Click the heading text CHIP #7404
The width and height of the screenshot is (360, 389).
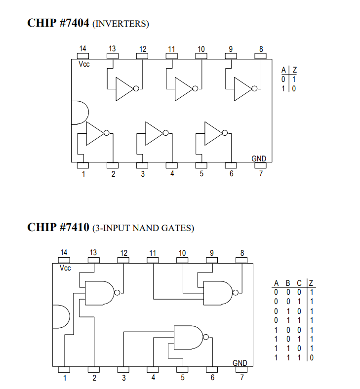pyautogui.click(x=58, y=23)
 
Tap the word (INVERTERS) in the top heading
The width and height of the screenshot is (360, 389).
pyautogui.click(x=120, y=24)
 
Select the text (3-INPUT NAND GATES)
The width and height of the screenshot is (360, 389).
pyautogui.click(x=143, y=228)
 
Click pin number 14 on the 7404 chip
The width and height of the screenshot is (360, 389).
pyautogui.click(x=82, y=49)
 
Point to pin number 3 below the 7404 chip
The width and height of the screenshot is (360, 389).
pyautogui.click(x=143, y=174)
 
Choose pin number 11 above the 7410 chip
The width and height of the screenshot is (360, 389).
pyautogui.click(x=153, y=253)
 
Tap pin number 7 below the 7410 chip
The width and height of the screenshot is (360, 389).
pyautogui.click(x=242, y=378)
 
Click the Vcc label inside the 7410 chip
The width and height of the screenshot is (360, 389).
pyautogui.click(x=65, y=268)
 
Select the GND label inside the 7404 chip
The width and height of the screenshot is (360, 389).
pyautogui.click(x=259, y=158)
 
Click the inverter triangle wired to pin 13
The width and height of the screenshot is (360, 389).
pyautogui.click(x=125, y=89)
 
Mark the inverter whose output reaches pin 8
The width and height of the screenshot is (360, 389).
pyautogui.click(x=243, y=89)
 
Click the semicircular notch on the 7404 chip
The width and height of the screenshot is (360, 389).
pyautogui.click(x=78, y=112)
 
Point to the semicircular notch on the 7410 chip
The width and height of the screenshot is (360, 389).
pyautogui.click(x=59, y=315)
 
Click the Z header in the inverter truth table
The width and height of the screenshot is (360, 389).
pyautogui.click(x=294, y=70)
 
